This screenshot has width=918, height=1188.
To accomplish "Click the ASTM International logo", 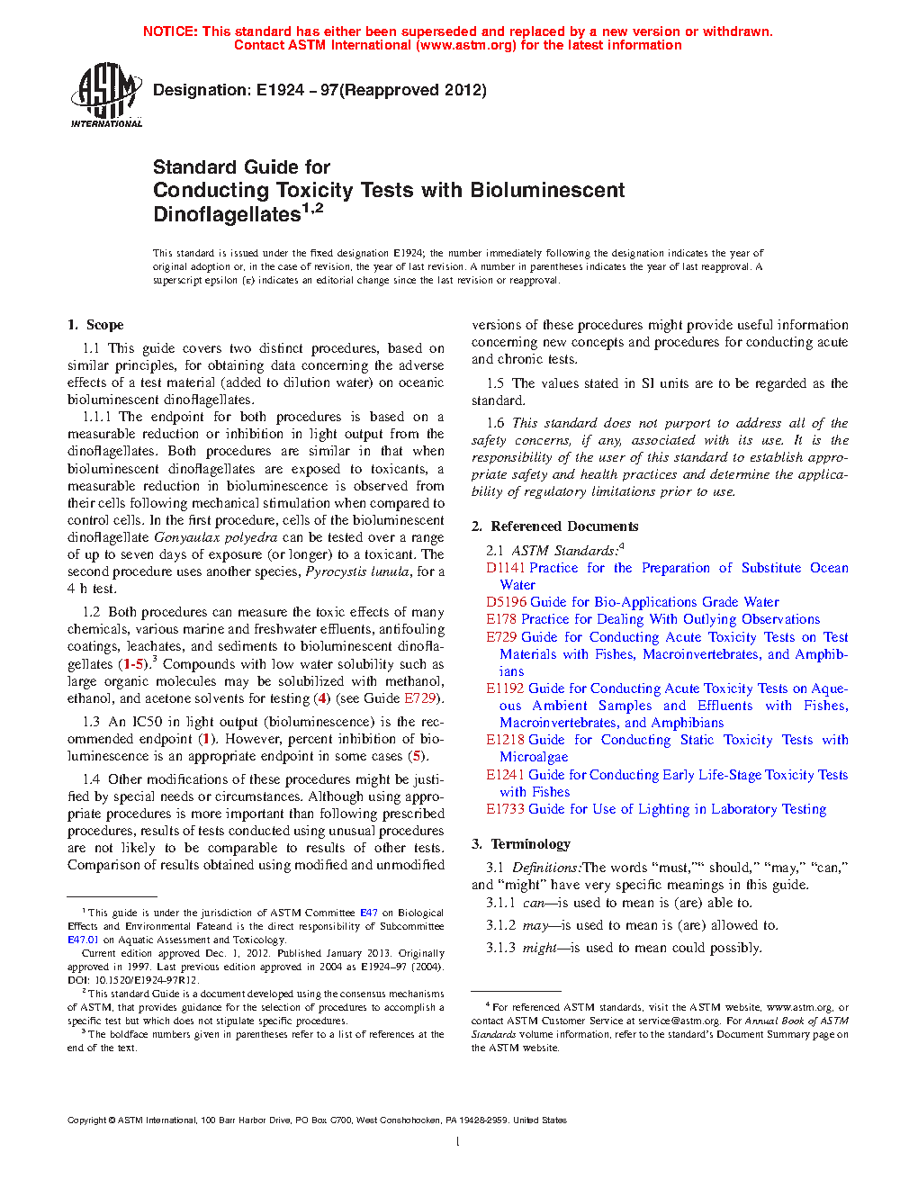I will pyautogui.click(x=106, y=94).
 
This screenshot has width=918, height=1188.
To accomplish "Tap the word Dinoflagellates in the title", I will pyautogui.click(x=226, y=215).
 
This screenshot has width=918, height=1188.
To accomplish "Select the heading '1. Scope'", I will pyautogui.click(x=95, y=325).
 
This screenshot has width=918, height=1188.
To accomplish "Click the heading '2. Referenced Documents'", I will pyautogui.click(x=554, y=526).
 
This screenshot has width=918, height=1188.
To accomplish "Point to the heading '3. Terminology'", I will pyautogui.click(x=520, y=844).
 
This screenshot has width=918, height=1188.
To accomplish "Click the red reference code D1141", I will pyautogui.click(x=505, y=568).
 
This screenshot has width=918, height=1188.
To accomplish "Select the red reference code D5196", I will pyautogui.click(x=506, y=602).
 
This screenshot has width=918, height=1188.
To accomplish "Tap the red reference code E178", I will pyautogui.click(x=501, y=619).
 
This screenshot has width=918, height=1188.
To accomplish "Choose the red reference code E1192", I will pyautogui.click(x=505, y=688).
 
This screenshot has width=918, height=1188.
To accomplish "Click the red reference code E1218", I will pyautogui.click(x=505, y=740).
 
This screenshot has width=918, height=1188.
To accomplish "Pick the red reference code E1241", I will pyautogui.click(x=505, y=775).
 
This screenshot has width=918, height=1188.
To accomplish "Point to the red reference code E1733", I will pyautogui.click(x=505, y=809).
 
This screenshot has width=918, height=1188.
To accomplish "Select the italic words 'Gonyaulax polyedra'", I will pyautogui.click(x=215, y=537).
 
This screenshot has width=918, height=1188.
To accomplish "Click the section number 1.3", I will pyautogui.click(x=91, y=722).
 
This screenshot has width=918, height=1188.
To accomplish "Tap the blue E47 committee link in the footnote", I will pyautogui.click(x=369, y=913).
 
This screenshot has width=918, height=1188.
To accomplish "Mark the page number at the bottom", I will pyautogui.click(x=458, y=1142).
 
